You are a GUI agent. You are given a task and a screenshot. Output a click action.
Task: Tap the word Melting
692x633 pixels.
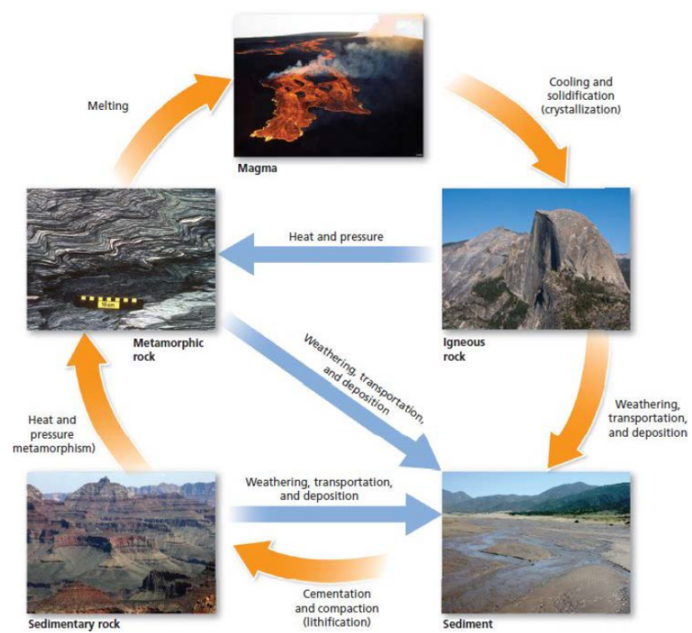108,105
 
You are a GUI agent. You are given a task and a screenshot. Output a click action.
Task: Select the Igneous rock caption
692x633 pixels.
464,348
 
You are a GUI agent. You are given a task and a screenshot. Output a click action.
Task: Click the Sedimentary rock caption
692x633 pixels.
74,623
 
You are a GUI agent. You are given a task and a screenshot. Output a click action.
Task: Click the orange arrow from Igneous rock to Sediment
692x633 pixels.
577,396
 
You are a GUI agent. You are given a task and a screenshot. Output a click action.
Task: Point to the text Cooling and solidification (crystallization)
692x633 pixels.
581,95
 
